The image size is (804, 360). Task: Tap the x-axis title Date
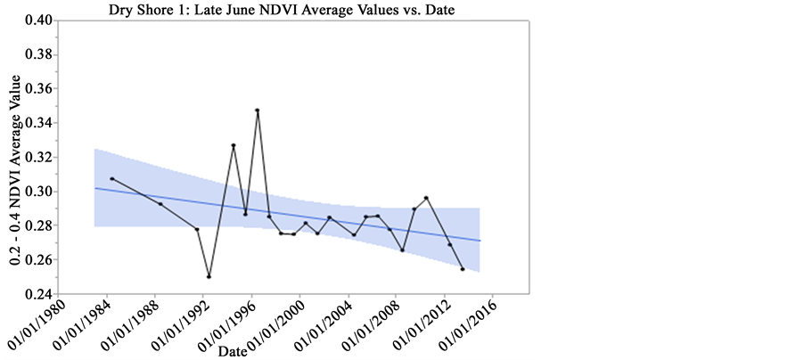233,349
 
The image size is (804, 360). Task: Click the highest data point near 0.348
258,110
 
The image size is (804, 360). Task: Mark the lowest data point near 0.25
209,276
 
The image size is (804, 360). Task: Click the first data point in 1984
111,178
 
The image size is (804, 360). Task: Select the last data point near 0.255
463,268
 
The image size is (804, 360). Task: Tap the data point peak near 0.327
234,145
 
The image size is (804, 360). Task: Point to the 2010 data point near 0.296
427,198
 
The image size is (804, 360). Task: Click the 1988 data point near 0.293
160,204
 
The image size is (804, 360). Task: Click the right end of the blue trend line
480,241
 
